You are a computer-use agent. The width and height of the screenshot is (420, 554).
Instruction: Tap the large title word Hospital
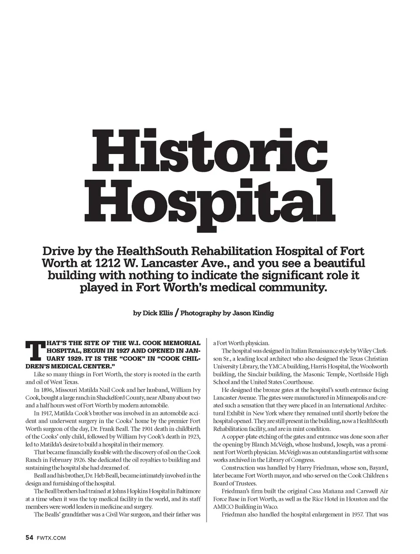pos(214,202)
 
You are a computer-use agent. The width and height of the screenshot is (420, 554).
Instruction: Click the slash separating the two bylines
pos(176,313)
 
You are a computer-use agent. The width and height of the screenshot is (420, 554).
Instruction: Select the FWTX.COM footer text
pos(52,538)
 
